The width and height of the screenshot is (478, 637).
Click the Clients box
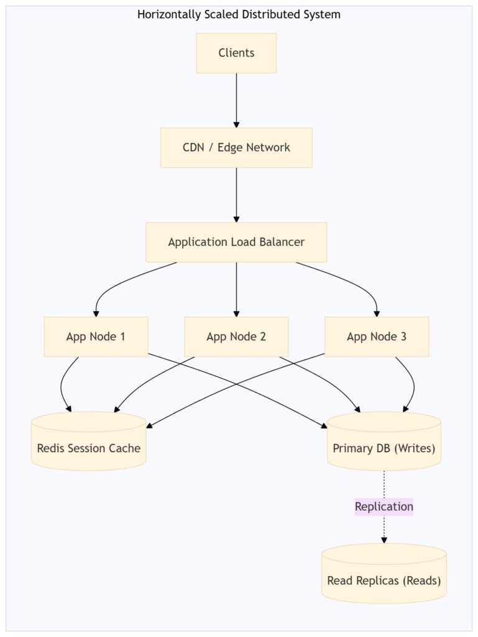tap(236, 53)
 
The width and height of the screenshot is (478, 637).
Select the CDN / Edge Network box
tap(236, 147)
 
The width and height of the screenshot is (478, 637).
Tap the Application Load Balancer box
tap(236, 242)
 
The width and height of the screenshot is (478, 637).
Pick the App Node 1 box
tap(96, 337)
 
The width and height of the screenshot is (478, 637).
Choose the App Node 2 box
tap(236, 337)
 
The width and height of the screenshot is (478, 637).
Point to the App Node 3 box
tap(377, 337)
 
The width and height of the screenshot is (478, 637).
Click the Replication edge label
tap(384, 506)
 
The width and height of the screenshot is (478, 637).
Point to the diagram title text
tap(239, 15)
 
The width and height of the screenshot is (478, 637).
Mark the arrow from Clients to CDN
tap(236, 100)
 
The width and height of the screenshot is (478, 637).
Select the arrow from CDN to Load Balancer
tap(236, 195)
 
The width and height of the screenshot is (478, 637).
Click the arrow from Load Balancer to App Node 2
tap(236, 290)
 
